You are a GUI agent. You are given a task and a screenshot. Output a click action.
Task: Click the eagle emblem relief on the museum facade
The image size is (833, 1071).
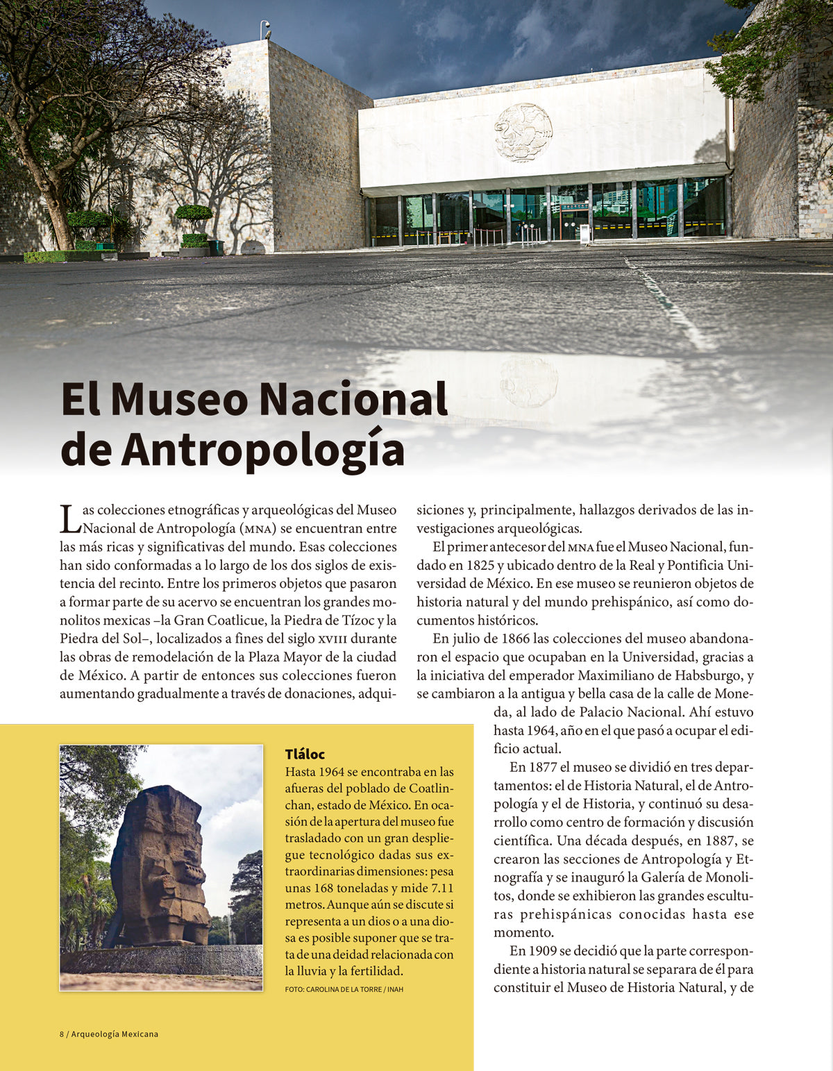(x=523, y=132)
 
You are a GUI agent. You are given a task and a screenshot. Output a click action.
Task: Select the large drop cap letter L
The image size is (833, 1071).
(x=69, y=519)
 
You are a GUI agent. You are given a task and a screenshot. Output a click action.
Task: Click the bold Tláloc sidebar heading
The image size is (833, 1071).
(x=305, y=754)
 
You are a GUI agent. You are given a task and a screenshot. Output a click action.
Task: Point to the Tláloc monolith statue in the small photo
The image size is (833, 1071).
(x=160, y=868)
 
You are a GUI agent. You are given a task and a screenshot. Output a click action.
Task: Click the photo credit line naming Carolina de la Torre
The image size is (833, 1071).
(x=344, y=989)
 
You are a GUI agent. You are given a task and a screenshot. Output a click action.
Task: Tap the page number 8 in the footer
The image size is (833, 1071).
(x=62, y=1034)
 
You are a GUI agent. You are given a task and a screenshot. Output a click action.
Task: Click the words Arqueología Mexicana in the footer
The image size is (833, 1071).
(x=115, y=1034)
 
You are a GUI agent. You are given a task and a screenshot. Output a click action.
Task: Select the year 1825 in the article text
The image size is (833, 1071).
(x=480, y=566)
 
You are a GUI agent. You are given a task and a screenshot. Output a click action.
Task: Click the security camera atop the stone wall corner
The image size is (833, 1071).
(x=265, y=29)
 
